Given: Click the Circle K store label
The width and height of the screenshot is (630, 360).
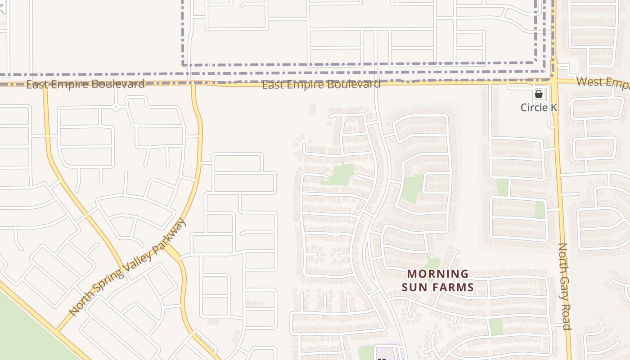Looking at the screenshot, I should point(538,108).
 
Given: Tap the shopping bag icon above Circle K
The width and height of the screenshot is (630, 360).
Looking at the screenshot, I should point(538,94).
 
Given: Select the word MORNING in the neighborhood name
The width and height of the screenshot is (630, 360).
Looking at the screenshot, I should point(438,274).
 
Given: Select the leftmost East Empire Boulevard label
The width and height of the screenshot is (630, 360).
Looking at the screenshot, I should point(85,84).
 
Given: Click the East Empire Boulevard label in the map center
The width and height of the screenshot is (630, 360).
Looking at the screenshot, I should point(321,84).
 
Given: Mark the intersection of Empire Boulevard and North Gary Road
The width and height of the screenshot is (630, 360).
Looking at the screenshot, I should point(555,81).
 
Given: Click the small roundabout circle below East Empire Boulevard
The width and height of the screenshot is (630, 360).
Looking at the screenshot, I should point(116,107).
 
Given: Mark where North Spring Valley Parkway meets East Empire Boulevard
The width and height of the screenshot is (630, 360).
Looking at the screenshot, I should point(193,83).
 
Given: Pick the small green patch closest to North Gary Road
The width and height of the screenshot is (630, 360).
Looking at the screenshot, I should point(540,210).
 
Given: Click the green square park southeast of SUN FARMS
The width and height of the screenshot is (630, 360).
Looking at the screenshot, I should point(495,326).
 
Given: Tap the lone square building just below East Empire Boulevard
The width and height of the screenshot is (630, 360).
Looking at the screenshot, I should point(312,109).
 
